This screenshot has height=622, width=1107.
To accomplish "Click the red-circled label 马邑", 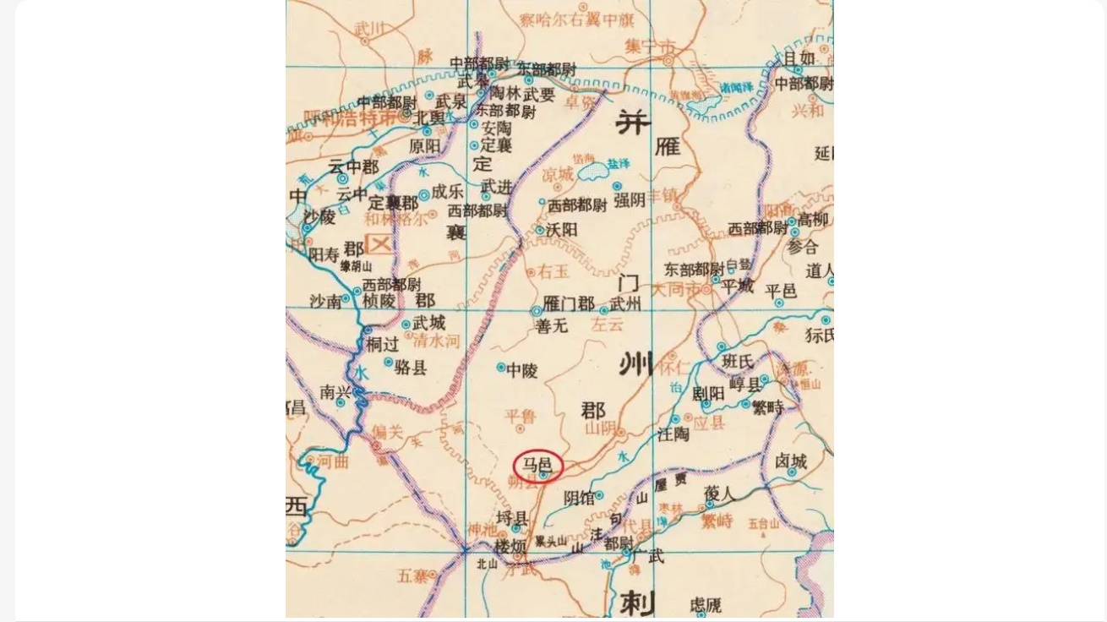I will (x=537, y=465).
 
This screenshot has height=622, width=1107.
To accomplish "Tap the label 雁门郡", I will (x=569, y=304).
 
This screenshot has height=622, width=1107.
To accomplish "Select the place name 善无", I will (x=552, y=325).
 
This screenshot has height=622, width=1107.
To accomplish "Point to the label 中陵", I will (x=521, y=370).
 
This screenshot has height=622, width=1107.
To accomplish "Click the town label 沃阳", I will (x=562, y=230).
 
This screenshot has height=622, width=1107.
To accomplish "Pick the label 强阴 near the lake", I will (x=630, y=200).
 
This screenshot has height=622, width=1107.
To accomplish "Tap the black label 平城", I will (x=737, y=286).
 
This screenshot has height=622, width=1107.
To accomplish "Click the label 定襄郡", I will (x=393, y=204).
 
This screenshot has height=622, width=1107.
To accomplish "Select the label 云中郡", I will (x=353, y=166).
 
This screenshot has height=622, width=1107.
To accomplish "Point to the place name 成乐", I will (x=447, y=192).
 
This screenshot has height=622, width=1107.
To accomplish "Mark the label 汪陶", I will (x=673, y=434).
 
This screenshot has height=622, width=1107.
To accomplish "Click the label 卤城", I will (x=791, y=461).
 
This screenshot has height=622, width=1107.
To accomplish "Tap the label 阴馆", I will (x=579, y=499).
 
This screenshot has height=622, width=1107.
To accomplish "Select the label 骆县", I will (x=411, y=367).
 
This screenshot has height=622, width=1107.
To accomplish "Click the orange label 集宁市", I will (x=651, y=46).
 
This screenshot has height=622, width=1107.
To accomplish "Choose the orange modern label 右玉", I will (x=553, y=271).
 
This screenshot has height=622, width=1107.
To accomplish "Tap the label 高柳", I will (x=813, y=220).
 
